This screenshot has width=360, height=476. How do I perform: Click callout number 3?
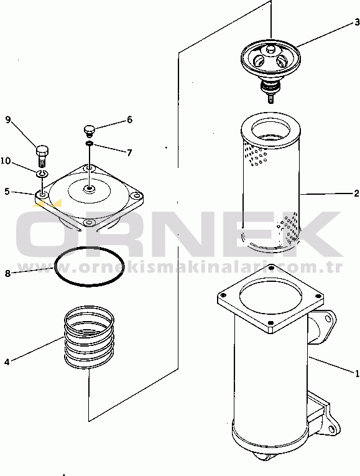(x=357, y=22)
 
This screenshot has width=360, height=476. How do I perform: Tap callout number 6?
(x=129, y=119)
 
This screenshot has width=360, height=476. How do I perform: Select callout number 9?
(x=8, y=119)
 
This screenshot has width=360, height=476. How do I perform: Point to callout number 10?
(x=6, y=161)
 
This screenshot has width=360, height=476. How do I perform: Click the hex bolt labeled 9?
(x=42, y=156)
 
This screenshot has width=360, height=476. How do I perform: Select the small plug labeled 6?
(x=88, y=131)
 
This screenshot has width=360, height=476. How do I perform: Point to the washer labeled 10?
(x=42, y=174)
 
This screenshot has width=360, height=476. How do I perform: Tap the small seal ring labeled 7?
(x=89, y=143)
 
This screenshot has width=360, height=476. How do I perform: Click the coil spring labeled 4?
(x=89, y=337)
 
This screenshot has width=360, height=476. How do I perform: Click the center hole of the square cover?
(x=89, y=189)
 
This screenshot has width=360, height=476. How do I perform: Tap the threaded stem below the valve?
(x=271, y=99)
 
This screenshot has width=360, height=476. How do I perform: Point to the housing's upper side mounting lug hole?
(x=328, y=319)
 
